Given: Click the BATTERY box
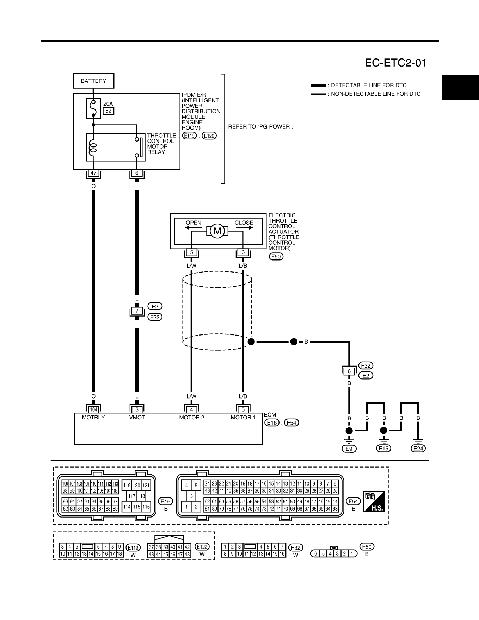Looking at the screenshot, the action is (93, 81).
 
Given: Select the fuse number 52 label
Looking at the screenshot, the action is (108, 111).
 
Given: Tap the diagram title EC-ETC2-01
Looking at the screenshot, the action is (395, 63).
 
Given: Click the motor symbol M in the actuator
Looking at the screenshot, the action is (217, 231).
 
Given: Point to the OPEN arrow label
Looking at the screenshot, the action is (194, 223).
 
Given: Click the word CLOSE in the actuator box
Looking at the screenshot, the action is (244, 223).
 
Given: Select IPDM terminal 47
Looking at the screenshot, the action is (93, 173).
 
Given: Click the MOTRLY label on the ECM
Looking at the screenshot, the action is (93, 418).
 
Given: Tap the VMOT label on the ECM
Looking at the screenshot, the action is (137, 418).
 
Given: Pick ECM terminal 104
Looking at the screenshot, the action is (93, 409).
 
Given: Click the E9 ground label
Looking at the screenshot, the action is (349, 449).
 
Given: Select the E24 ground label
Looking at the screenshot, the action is (418, 449).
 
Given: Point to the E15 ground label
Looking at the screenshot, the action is (383, 449).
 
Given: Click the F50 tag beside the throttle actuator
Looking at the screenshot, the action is (276, 257).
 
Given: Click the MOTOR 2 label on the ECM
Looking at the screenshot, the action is (192, 418).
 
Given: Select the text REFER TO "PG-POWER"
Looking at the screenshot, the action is (261, 126).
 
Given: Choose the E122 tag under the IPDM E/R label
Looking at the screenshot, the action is (209, 136).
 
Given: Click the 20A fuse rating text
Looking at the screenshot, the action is (108, 104).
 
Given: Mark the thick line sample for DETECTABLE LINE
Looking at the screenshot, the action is (319, 86).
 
